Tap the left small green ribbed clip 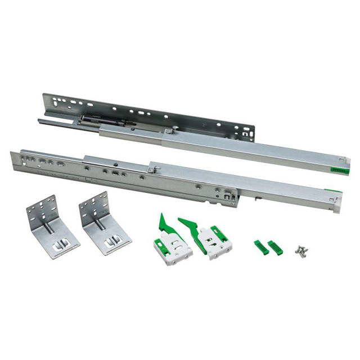[x=261, y=247]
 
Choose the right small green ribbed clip [x=275, y=247]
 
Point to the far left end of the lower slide [x=14, y=160]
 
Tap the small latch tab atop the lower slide [x=151, y=168]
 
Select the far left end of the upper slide [x=42, y=120]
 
